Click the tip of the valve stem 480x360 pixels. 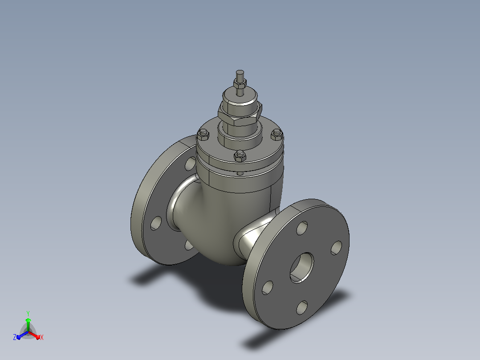[x=240, y=71]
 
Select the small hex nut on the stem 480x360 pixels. [x=240, y=83]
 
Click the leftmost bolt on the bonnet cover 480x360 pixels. [x=203, y=134]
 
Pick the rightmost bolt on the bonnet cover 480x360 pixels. [x=277, y=134]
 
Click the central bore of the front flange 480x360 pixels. [x=302, y=268]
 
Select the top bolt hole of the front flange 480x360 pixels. [x=302, y=228]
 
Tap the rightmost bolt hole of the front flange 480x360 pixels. [x=337, y=248]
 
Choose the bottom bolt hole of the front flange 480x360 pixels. [x=302, y=307]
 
